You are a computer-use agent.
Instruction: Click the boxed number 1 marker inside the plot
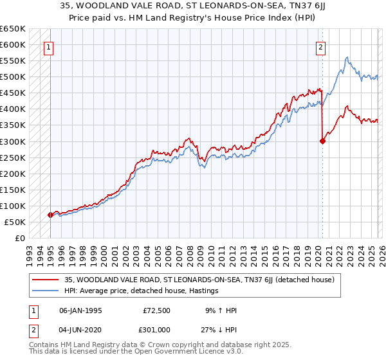coord(50,46)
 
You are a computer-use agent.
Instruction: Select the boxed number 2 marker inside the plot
coord(320,46)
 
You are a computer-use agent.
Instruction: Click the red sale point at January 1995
coord(50,215)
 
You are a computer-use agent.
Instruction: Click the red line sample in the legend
coord(46,280)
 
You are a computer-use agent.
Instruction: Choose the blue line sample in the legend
coord(46,291)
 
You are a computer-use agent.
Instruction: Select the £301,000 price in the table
coord(156,329)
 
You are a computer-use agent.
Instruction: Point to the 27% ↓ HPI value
coord(220,329)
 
